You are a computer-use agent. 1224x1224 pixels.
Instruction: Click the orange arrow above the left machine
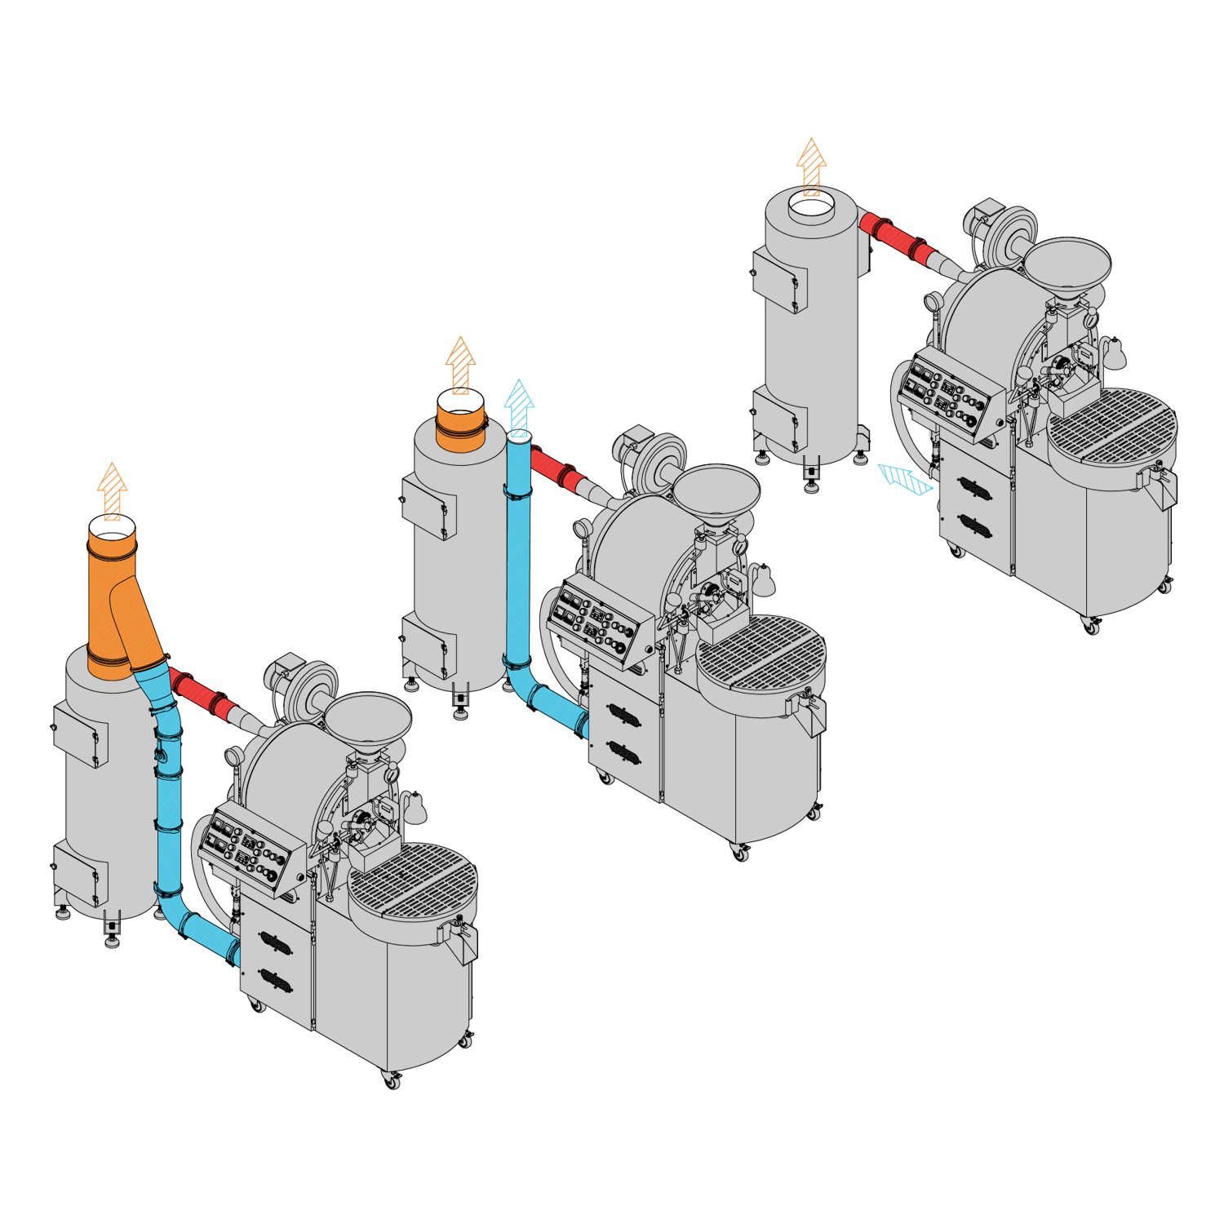click(x=113, y=491)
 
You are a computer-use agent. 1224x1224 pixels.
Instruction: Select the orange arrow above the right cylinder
click(x=811, y=167)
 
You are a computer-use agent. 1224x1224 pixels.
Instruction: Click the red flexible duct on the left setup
click(x=202, y=694)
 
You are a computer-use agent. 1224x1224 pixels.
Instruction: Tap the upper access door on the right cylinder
click(x=779, y=280)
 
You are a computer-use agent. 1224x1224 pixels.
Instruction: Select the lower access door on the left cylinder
click(x=80, y=873)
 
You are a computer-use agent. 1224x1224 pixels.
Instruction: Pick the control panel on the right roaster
click(x=951, y=395)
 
